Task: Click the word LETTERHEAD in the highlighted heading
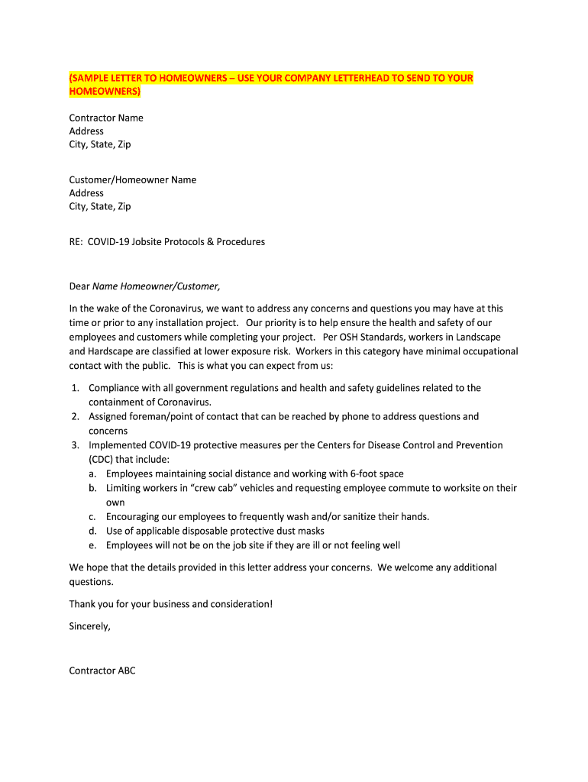point(352,79)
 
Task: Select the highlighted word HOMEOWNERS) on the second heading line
point(105,92)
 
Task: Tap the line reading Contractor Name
point(106,118)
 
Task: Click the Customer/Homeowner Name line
point(133,180)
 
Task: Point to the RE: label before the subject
point(76,242)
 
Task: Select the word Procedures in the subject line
point(241,242)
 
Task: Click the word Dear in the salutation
point(79,286)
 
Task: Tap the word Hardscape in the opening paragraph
point(110,351)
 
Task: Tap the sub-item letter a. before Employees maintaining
point(92,474)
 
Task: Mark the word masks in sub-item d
point(311,531)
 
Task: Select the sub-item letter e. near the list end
point(92,545)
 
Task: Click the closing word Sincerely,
point(90,625)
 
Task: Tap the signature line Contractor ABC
point(102,671)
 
